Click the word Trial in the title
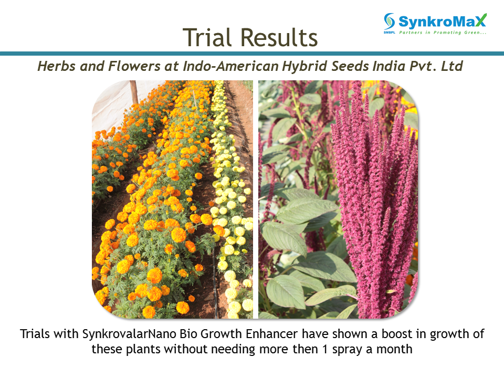coord(207,37)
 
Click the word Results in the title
coord(279,37)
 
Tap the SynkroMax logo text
coord(443,21)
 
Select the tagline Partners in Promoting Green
coord(443,33)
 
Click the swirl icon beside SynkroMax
coord(389,22)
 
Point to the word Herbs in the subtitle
coord(57,66)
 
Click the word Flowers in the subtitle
coord(134,66)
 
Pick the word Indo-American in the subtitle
coord(230,66)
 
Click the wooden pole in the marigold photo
coord(134,92)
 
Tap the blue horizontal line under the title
coord(252,54)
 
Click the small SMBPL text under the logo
coord(389,33)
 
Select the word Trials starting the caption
coord(35,334)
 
